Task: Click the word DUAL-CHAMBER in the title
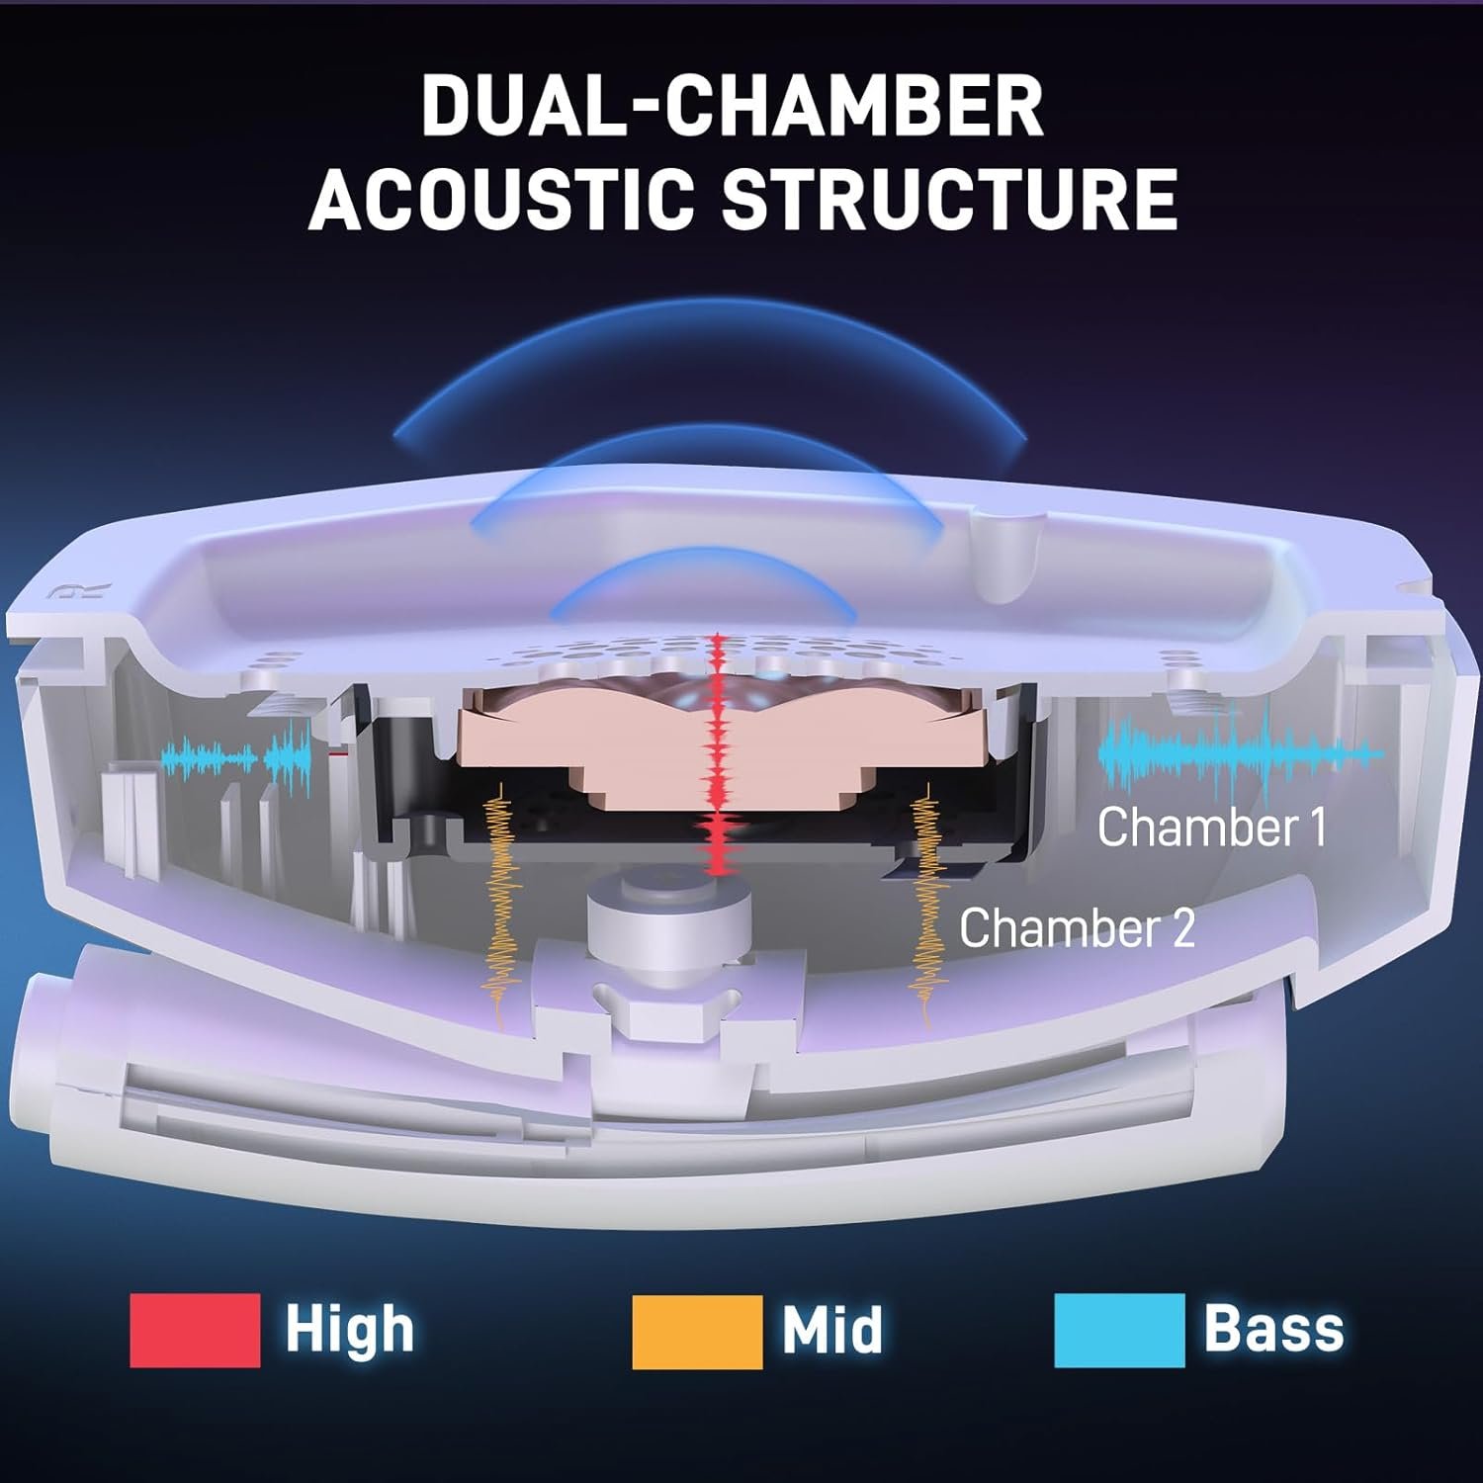[x=732, y=106]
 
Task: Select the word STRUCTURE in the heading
[x=949, y=197]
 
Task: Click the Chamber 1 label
[x=1211, y=827]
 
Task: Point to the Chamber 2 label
[x=1077, y=927]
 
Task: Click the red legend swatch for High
[x=195, y=1331]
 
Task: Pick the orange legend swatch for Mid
[x=697, y=1331]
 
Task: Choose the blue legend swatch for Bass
[x=1119, y=1331]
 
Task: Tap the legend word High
[x=349, y=1329]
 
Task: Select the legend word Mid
[x=831, y=1329]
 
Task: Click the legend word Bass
[x=1273, y=1329]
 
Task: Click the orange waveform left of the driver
[x=500, y=890]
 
